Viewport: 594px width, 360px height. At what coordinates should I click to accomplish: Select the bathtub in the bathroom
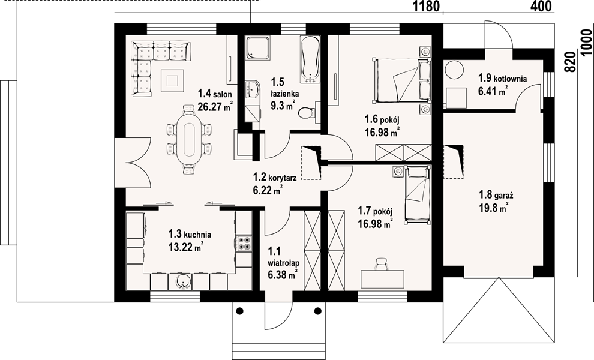tap(310, 59)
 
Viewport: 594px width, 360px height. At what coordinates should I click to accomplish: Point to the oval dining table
tap(189, 139)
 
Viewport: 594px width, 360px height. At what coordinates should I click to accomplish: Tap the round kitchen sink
tap(183, 281)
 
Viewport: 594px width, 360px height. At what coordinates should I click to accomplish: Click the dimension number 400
tap(542, 7)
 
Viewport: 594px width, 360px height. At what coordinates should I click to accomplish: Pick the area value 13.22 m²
tap(186, 247)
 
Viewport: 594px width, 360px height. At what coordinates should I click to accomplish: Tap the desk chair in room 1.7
tap(382, 263)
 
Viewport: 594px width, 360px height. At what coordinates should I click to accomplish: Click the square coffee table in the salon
tap(173, 80)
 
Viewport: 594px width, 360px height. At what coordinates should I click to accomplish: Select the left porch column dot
tap(239, 311)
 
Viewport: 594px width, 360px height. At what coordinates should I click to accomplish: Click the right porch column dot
tap(317, 311)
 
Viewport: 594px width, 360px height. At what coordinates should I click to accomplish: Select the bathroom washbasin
tap(252, 89)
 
